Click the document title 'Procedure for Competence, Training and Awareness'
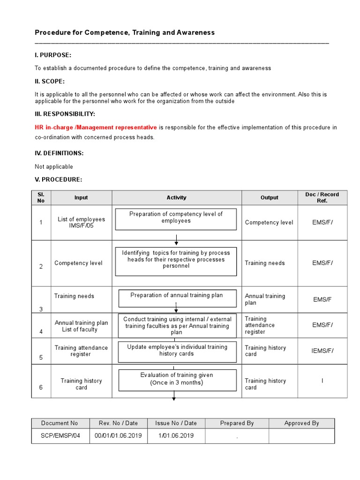(125, 32)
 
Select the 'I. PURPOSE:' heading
(53, 55)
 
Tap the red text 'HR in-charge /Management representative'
(96, 127)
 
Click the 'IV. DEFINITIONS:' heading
(59, 153)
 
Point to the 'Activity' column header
(176, 198)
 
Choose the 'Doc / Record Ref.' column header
(322, 197)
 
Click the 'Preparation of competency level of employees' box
(176, 219)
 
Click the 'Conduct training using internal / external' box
(177, 326)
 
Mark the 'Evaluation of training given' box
(176, 380)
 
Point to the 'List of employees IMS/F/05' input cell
(81, 223)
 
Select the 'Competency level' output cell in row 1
(269, 223)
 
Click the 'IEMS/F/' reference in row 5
(322, 351)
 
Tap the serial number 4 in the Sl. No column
(41, 331)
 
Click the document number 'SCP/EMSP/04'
(60, 435)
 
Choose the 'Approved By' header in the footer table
(301, 423)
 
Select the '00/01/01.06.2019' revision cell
(119, 435)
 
